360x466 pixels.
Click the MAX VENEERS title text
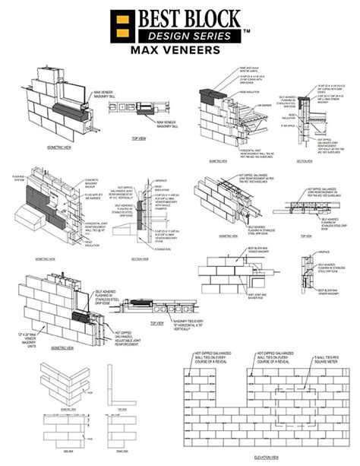point(180,51)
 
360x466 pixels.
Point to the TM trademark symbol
point(246,31)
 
